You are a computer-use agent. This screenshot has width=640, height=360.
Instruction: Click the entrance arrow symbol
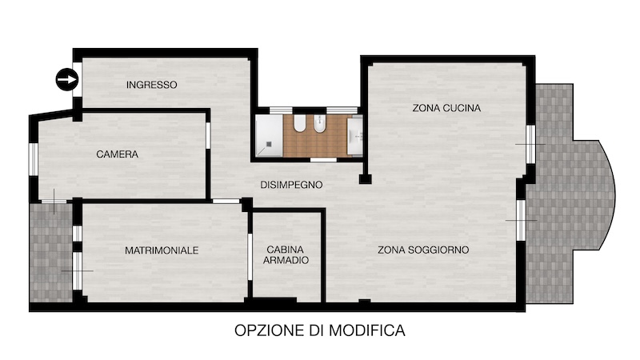pyautogui.click(x=67, y=79)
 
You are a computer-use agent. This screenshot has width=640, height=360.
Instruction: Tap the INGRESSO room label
pyautogui.click(x=152, y=85)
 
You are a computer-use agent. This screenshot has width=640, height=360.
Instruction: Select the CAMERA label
pyautogui.click(x=117, y=154)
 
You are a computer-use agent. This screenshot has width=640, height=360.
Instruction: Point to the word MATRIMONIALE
pyautogui.click(x=162, y=250)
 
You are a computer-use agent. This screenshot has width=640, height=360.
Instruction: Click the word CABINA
pyautogui.click(x=286, y=250)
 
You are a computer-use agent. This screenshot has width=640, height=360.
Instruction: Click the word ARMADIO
pyautogui.click(x=286, y=260)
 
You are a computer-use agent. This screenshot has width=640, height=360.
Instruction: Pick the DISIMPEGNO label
pyautogui.click(x=291, y=185)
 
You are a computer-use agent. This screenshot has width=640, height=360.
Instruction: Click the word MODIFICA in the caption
pyautogui.click(x=367, y=330)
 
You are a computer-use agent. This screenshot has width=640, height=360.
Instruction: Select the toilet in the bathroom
pyautogui.click(x=299, y=123)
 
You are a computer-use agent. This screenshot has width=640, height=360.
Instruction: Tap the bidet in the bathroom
pyautogui.click(x=319, y=124)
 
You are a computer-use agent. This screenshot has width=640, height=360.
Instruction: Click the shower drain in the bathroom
pyautogui.click(x=270, y=143)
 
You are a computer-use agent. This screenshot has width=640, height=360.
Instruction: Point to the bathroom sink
pyautogui.click(x=355, y=136)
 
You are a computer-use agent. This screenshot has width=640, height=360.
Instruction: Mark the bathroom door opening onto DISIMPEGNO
pyautogui.click(x=323, y=159)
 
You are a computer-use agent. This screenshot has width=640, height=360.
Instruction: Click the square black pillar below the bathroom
pyautogui.click(x=365, y=179)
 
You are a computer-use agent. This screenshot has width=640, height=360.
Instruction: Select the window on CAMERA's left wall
pyautogui.click(x=33, y=159)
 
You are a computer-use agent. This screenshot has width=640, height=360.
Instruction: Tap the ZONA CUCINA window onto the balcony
pyautogui.click(x=530, y=144)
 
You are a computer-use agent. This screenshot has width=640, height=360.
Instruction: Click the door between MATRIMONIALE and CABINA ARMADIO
pyautogui.click(x=250, y=257)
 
